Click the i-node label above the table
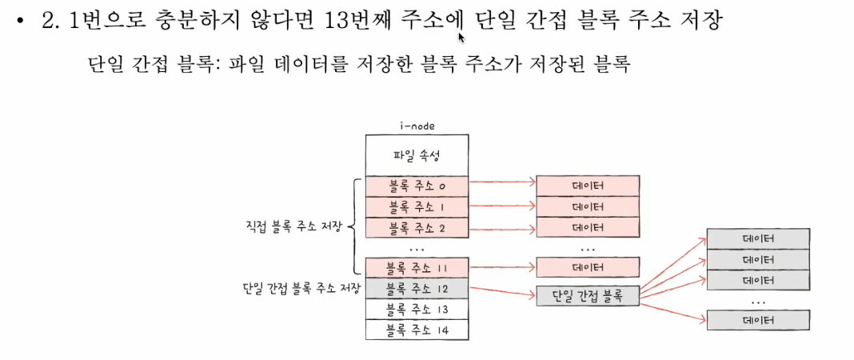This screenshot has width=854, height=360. pyautogui.click(x=417, y=126)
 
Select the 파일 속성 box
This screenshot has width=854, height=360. pyautogui.click(x=417, y=154)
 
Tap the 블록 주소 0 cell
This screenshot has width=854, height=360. pyautogui.click(x=417, y=186)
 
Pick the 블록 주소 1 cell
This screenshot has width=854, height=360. pyautogui.click(x=417, y=206)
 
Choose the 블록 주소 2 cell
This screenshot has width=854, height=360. pyautogui.click(x=417, y=227)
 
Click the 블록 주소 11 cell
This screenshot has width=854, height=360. pyautogui.click(x=417, y=267)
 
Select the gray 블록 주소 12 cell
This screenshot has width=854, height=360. pyautogui.click(x=417, y=288)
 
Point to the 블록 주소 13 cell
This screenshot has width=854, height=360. pyautogui.click(x=417, y=309)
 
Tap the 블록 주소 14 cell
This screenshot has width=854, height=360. pyautogui.click(x=417, y=329)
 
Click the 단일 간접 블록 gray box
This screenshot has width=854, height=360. pyautogui.click(x=588, y=296)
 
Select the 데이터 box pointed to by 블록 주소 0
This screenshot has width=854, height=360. pyautogui.click(x=588, y=186)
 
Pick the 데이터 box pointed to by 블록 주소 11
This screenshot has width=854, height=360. pyautogui.click(x=588, y=267)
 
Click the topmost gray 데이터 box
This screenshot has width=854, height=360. pyautogui.click(x=759, y=239)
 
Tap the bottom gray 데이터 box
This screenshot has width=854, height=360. pyautogui.click(x=759, y=321)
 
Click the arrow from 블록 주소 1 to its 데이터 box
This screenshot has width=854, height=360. pyautogui.click(x=502, y=206)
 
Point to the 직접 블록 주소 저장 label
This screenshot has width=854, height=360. pyautogui.click(x=294, y=227)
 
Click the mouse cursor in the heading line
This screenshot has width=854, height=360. pyautogui.click(x=461, y=36)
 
